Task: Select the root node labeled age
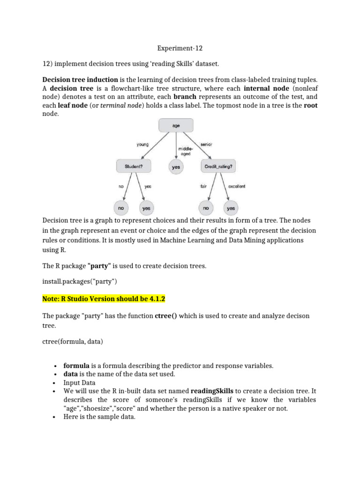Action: click(x=175, y=126)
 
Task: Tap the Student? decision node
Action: click(x=133, y=166)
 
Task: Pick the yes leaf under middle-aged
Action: click(x=175, y=167)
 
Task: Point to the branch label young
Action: click(x=142, y=144)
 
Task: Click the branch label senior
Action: click(x=206, y=144)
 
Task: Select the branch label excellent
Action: click(x=236, y=186)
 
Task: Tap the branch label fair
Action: click(x=203, y=186)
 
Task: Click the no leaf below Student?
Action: click(x=120, y=208)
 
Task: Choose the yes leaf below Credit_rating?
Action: click(x=231, y=208)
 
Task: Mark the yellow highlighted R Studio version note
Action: click(x=104, y=299)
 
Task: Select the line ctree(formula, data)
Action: click(x=73, y=342)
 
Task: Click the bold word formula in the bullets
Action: click(x=76, y=365)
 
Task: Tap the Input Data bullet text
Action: click(x=79, y=382)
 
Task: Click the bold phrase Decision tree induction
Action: click(x=80, y=79)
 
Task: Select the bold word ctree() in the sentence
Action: click(x=166, y=315)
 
